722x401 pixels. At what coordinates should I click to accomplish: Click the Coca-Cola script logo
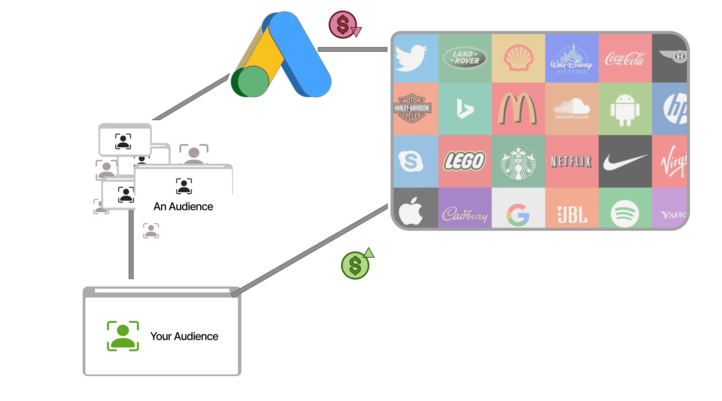click(625, 59)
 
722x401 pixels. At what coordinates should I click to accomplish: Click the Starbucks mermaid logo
click(518, 162)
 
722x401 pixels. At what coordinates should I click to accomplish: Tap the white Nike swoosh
click(625, 162)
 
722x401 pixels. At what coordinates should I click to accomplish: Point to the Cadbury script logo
click(465, 215)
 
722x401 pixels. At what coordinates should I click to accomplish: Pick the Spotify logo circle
click(625, 213)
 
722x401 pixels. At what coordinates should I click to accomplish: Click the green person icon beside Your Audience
click(123, 336)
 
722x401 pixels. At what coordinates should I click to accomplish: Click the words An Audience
click(183, 206)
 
